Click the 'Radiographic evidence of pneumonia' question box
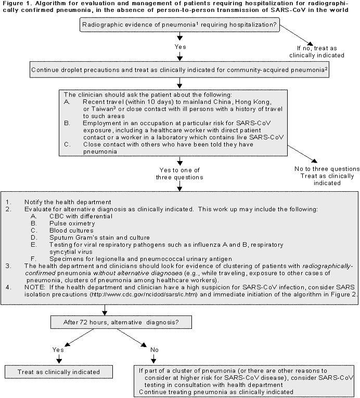[180, 24]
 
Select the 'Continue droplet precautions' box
[180, 69]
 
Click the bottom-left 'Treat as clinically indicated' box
[59, 372]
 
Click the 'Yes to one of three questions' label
[180, 173]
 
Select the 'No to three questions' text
[326, 169]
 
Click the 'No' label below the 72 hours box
[155, 350]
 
